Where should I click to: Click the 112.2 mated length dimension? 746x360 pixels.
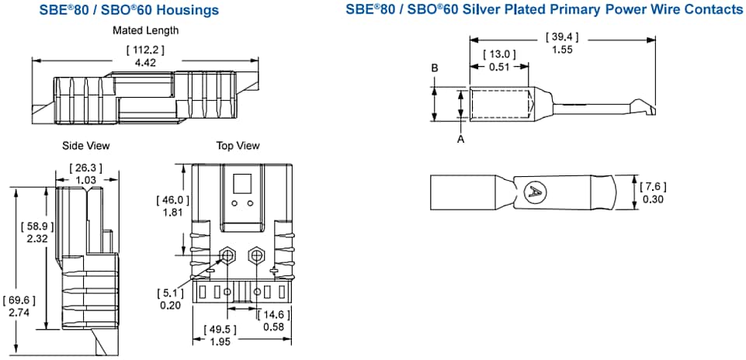(x=145, y=50)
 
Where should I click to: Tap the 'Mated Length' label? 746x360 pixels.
(x=145, y=30)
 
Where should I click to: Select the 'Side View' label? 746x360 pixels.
(x=86, y=145)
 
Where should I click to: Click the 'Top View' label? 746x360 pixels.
(x=238, y=145)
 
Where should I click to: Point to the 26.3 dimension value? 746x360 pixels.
(x=85, y=168)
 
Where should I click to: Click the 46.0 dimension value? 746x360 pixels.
(x=172, y=200)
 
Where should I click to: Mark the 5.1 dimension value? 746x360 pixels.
(x=170, y=292)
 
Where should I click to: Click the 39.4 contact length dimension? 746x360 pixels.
(x=563, y=37)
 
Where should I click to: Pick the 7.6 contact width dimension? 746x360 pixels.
(x=652, y=187)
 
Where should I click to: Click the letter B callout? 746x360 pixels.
(x=435, y=68)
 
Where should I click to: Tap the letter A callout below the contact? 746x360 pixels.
(x=461, y=139)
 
